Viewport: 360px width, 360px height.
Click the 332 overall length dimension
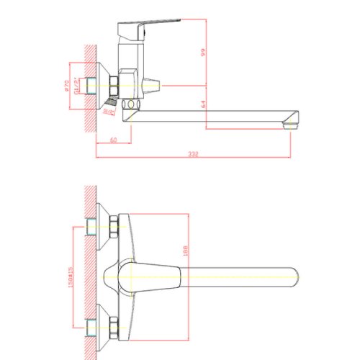[194, 154]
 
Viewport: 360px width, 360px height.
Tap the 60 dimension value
[114, 139]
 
